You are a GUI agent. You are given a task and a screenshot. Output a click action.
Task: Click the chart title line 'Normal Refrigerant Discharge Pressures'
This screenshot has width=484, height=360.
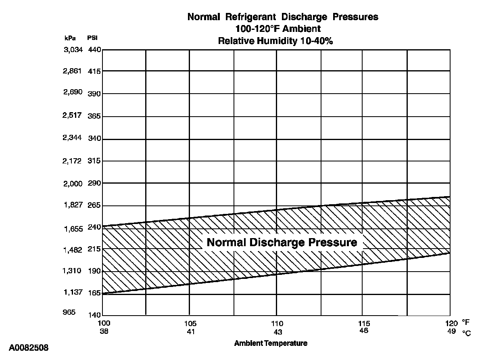point(283,17)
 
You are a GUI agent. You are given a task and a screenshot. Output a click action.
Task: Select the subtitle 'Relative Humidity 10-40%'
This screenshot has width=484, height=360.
point(275,41)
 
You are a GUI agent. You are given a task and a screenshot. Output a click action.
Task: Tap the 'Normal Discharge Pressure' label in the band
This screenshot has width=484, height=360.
point(282,242)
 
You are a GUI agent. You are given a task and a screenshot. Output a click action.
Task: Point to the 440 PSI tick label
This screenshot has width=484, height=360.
point(94,50)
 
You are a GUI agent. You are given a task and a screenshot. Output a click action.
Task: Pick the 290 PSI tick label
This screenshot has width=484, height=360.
point(94,183)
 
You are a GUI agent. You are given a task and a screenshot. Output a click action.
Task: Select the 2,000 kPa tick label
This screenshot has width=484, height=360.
point(73,184)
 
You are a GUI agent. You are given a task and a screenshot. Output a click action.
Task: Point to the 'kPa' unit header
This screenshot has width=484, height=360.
point(70,38)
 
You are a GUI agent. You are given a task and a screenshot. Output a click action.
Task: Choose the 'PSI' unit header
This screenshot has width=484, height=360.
point(92,38)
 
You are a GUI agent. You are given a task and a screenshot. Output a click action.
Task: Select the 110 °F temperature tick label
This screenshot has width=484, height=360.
point(277,323)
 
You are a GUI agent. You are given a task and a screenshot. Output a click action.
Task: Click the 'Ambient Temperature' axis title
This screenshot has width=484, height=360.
point(271,343)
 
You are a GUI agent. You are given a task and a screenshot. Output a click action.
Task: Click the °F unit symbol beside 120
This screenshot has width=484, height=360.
point(466,323)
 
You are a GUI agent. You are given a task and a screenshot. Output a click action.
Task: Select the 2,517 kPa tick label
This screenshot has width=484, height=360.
point(73,115)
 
